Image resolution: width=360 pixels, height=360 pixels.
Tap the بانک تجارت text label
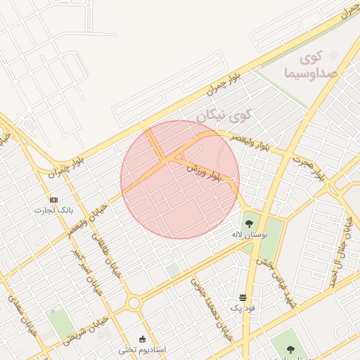[x=53, y=210]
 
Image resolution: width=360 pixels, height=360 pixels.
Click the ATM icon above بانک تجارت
[x=53, y=199]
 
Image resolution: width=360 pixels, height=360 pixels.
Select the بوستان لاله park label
[x=250, y=236]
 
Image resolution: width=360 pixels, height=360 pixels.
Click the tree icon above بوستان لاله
[x=249, y=224]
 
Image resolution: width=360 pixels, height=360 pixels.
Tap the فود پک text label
[x=243, y=308]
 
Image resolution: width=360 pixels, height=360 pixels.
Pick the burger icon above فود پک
[x=243, y=297]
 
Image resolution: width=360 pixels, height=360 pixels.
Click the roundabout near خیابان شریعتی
[x=134, y=304]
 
